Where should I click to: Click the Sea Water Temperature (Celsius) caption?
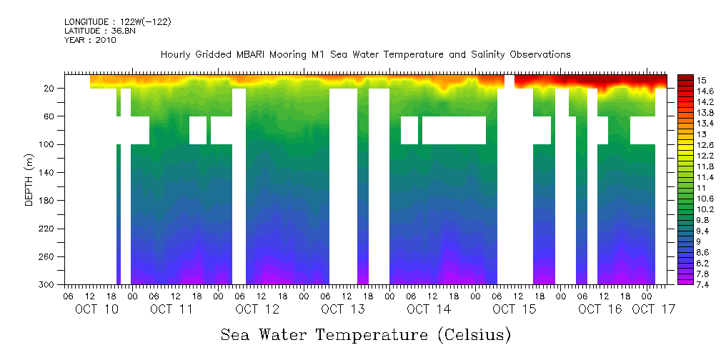[366, 334]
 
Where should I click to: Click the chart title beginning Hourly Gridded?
[365, 54]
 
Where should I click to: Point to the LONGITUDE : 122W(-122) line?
[118, 22]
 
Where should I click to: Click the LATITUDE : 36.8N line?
[99, 31]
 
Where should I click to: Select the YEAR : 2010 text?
[90, 40]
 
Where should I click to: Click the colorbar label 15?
[702, 79]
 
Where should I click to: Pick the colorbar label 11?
[702, 187]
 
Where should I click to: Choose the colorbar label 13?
[702, 134]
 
